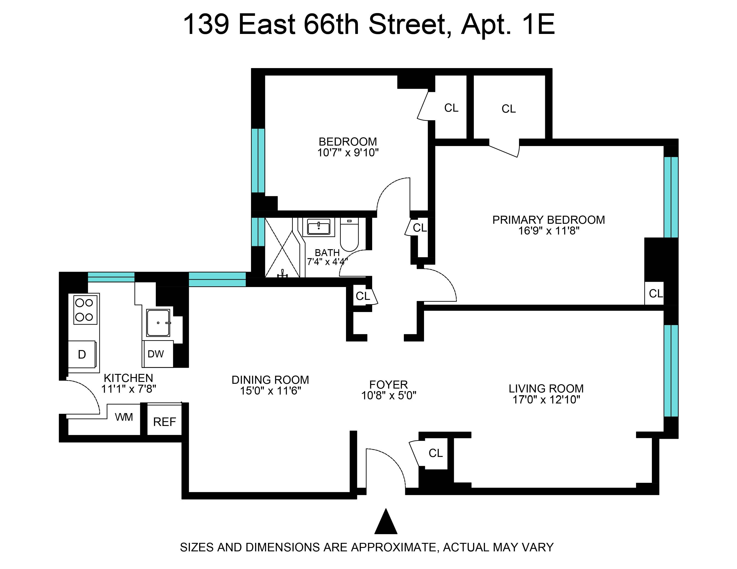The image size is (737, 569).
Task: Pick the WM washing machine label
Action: coord(124,417)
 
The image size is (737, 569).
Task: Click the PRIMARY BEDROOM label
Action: coord(548,220)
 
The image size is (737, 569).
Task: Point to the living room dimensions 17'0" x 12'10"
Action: coord(546,400)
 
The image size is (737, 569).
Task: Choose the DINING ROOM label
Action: coord(270,380)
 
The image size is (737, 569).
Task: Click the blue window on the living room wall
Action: coord(671,370)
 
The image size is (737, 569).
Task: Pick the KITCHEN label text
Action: coord(128,378)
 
